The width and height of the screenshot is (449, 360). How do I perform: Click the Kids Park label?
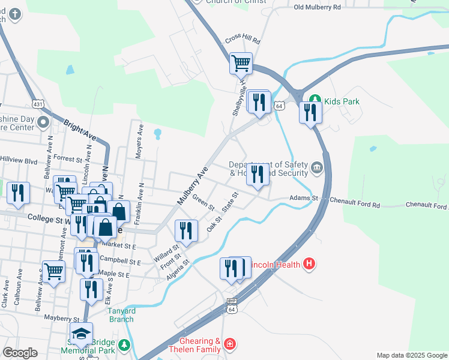coord(342,101)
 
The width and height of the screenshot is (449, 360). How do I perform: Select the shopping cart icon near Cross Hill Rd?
coord(241,62)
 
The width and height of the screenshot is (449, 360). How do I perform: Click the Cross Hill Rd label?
coord(243,41)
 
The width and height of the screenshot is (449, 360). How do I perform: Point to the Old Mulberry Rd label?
coord(318,7)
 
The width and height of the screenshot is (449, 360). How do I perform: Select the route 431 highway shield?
coord(38,104)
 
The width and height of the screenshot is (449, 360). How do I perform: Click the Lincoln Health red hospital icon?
coord(309,264)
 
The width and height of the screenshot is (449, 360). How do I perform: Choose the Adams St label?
coord(302,198)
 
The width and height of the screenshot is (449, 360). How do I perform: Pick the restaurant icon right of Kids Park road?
coord(310,113)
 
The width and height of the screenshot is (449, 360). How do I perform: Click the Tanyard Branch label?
coord(121,314)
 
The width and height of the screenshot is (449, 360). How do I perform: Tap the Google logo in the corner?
coord(20,353)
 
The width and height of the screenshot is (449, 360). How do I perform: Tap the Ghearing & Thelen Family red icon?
coord(229,344)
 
